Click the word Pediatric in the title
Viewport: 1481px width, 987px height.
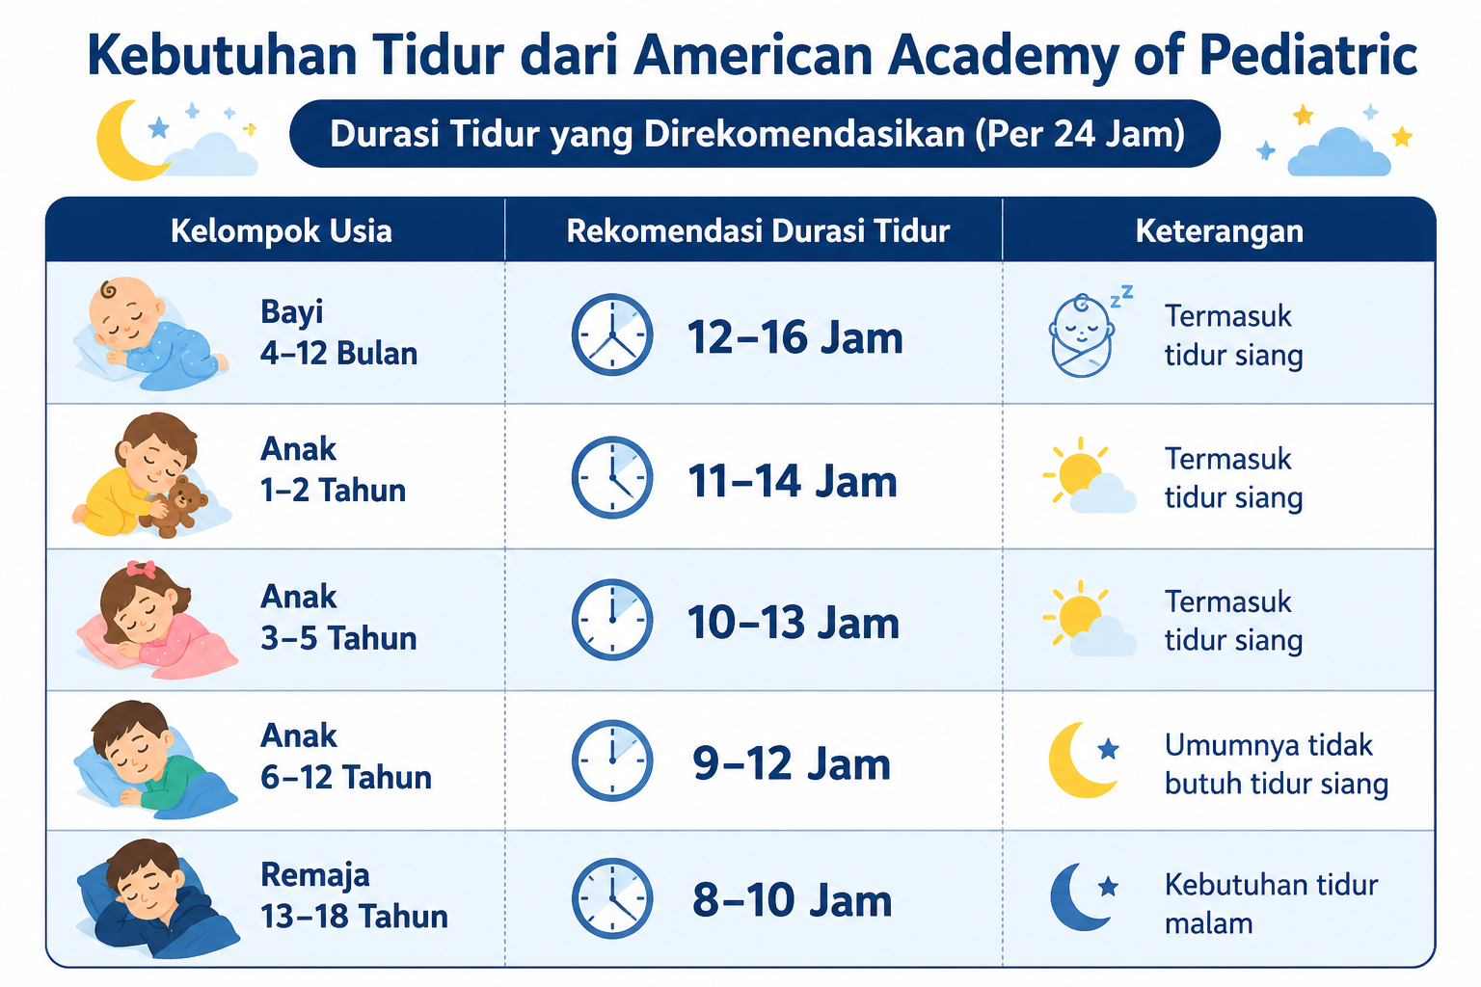pos(1307,56)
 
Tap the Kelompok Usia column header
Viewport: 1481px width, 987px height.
pos(281,231)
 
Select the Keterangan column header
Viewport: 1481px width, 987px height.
pos(1219,231)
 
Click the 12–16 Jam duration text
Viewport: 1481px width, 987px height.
pos(794,337)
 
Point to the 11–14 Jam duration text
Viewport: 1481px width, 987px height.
pos(793,481)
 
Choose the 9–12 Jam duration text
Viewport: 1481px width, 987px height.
pos(792,763)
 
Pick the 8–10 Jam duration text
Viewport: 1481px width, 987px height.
pos(792,899)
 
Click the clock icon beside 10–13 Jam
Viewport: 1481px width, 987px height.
pos(612,620)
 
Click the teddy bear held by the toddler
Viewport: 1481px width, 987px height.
pos(174,506)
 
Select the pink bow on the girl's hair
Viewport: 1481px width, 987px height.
pos(141,570)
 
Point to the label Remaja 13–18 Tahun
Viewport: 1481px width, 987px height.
pos(354,895)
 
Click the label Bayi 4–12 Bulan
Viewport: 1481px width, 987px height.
pos(338,333)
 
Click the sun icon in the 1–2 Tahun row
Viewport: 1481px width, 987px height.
pos(1078,472)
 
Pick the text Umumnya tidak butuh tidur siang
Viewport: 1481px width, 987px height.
pos(1276,764)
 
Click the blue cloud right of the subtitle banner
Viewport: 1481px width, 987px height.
pos(1339,152)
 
